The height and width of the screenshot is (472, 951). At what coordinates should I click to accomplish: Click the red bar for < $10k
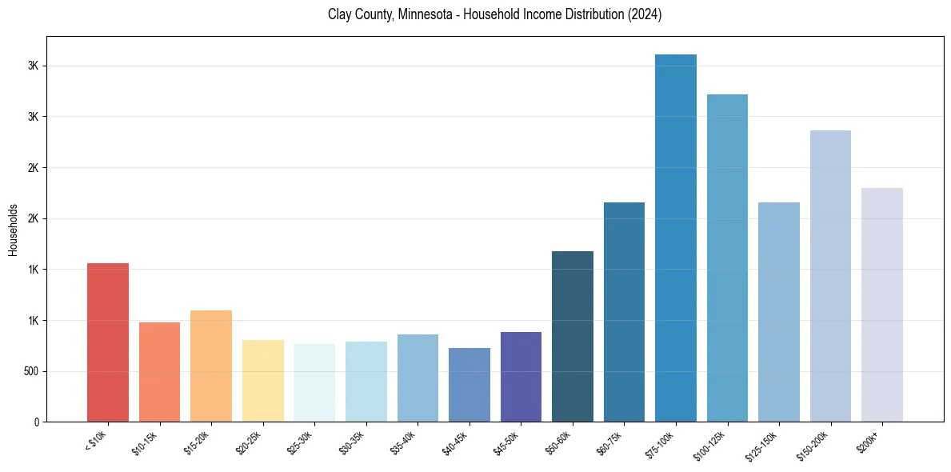pos(108,342)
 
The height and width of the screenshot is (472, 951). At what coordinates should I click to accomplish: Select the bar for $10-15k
pos(159,372)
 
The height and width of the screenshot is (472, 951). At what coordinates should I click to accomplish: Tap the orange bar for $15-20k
pos(211,366)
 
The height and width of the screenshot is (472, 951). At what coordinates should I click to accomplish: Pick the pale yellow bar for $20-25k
pos(262,381)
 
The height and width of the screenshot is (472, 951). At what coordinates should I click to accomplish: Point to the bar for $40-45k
pos(470,385)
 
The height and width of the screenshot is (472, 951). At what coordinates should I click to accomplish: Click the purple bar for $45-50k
pos(521,377)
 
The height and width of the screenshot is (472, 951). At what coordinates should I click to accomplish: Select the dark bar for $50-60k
pos(573,336)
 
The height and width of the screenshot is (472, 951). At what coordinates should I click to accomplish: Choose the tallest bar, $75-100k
pos(676,238)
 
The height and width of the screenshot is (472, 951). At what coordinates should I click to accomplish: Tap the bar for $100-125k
pos(727,258)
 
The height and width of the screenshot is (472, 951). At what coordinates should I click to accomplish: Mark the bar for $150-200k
pos(830,276)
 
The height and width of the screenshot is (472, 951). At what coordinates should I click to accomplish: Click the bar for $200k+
pos(882,305)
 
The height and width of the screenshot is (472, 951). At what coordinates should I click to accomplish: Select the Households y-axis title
pos(13,229)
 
